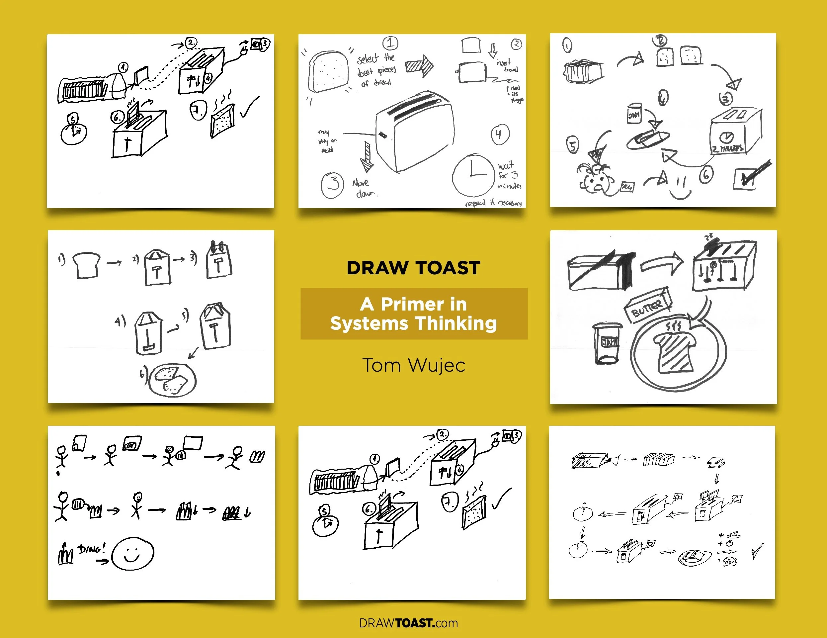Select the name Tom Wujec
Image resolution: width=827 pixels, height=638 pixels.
[414, 365]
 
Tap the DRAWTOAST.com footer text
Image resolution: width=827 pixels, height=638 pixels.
[409, 623]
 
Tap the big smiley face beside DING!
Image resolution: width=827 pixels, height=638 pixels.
[132, 554]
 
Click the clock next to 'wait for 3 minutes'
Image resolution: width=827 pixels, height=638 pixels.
[473, 175]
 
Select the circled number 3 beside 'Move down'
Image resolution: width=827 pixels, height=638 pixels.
[332, 185]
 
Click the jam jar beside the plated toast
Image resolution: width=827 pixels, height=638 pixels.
[607, 343]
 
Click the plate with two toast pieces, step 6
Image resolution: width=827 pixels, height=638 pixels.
[172, 380]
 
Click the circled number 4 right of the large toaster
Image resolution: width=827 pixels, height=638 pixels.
[500, 134]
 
